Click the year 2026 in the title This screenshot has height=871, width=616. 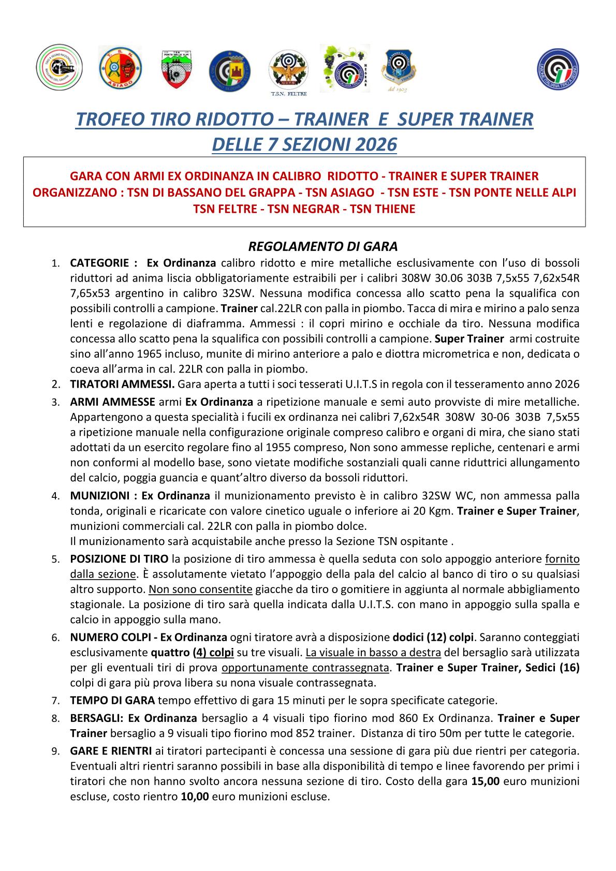[373, 144]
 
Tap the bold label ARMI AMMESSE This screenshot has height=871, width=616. [112, 402]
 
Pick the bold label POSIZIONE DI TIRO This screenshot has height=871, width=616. [119, 559]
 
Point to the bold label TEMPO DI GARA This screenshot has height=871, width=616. [112, 701]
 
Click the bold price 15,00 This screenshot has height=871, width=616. [486, 782]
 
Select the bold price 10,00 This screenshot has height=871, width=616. [195, 797]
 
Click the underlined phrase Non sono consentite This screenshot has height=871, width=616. [200, 589]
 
